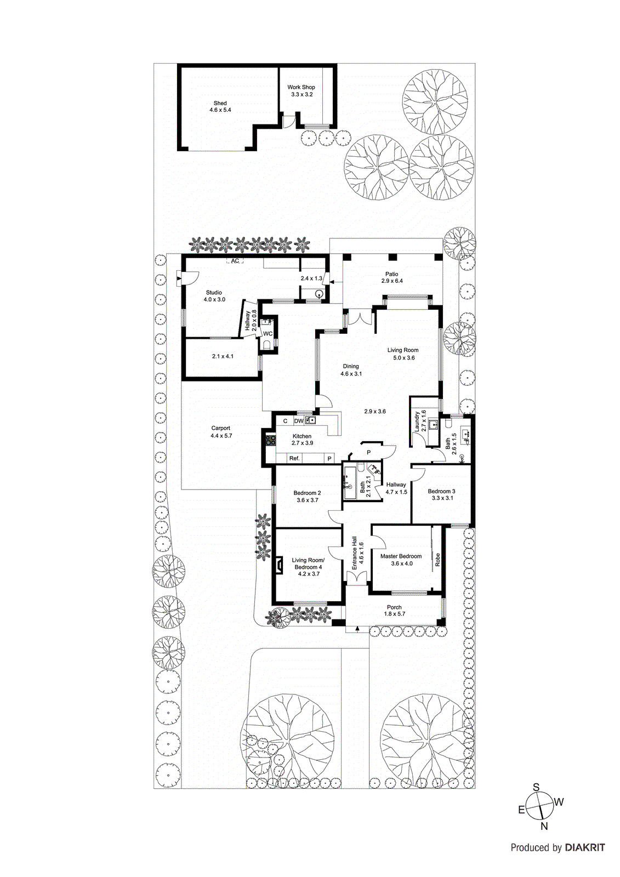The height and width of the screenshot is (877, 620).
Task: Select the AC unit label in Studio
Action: click(x=235, y=261)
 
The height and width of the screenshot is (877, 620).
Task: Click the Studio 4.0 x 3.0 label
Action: click(x=214, y=296)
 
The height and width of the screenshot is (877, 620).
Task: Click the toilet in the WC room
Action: click(x=266, y=344)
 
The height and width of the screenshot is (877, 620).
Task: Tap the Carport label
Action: click(x=221, y=432)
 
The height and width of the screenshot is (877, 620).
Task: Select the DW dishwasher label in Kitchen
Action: click(x=298, y=421)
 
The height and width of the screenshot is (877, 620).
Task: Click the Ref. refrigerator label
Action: click(x=294, y=458)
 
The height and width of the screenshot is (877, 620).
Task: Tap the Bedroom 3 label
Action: click(x=442, y=494)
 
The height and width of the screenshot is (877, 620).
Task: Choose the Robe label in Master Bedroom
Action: click(x=437, y=559)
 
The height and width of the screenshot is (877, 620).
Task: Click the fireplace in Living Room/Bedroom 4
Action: click(x=278, y=565)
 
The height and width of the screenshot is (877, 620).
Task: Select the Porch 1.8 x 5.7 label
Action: click(x=394, y=611)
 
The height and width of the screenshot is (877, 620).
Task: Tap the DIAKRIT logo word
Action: click(x=585, y=847)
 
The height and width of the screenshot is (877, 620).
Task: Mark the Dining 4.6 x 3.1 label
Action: click(x=351, y=370)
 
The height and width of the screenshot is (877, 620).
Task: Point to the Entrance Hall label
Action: click(x=357, y=553)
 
